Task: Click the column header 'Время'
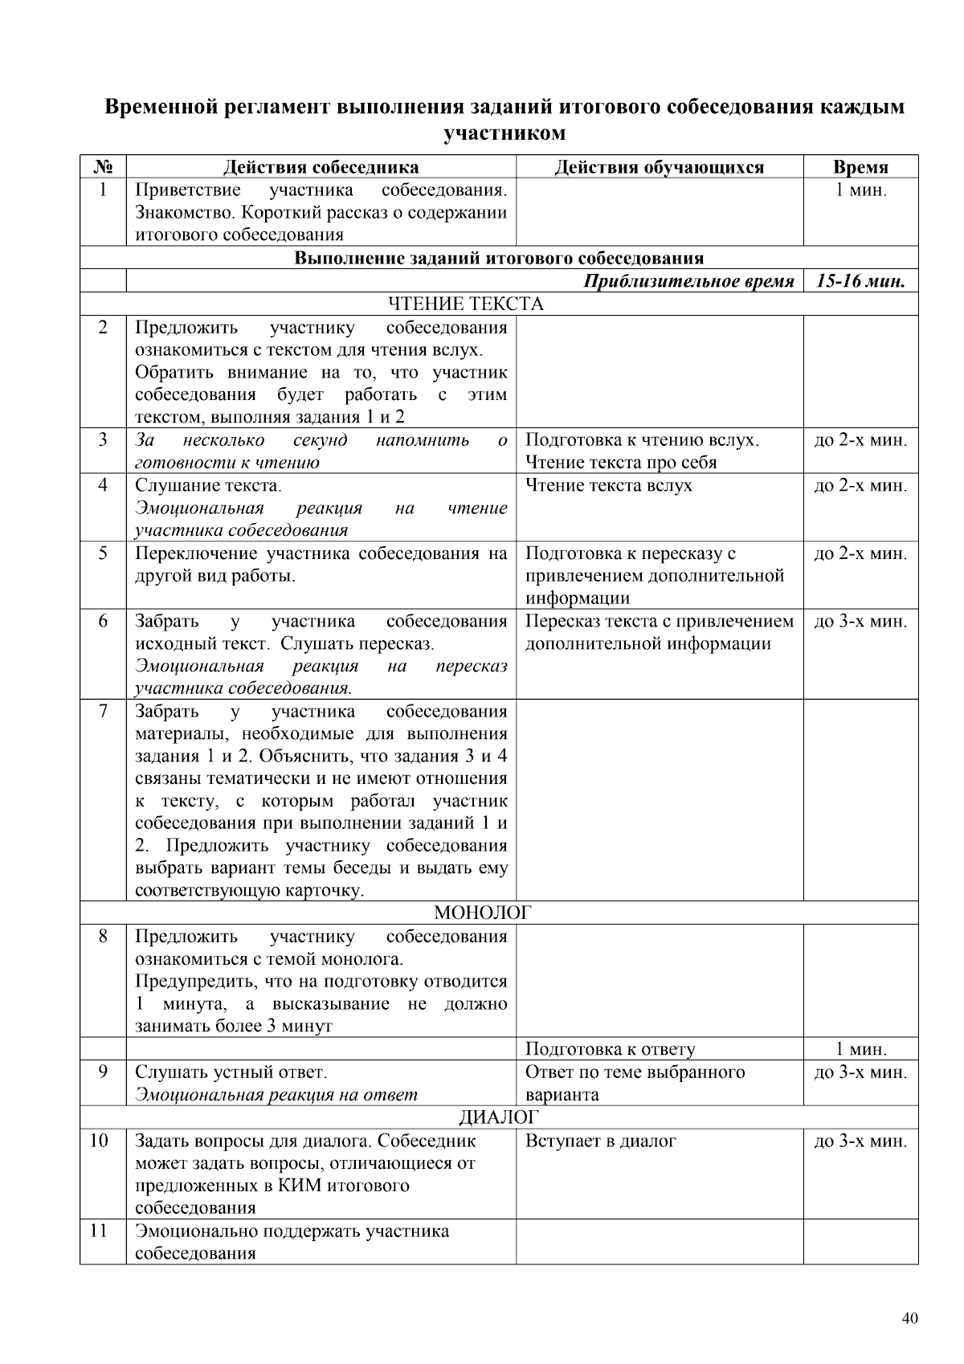pos(860,167)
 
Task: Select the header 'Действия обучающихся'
pos(659,167)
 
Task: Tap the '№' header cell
pos(102,167)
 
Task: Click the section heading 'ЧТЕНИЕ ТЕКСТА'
pos(466,304)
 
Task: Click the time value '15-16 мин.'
pos(860,281)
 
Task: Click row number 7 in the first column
pos(102,712)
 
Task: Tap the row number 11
pos(99,1231)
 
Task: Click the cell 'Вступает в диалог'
pos(600,1141)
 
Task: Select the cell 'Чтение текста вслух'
pos(608,485)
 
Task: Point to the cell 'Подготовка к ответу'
pos(610,1049)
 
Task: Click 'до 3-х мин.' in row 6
pos(860,622)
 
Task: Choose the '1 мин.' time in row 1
pos(860,190)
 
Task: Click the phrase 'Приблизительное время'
pos(688,281)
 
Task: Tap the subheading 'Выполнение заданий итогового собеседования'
pos(498,258)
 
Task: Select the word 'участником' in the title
pos(504,133)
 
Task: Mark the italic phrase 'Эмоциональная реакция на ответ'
pos(276,1095)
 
